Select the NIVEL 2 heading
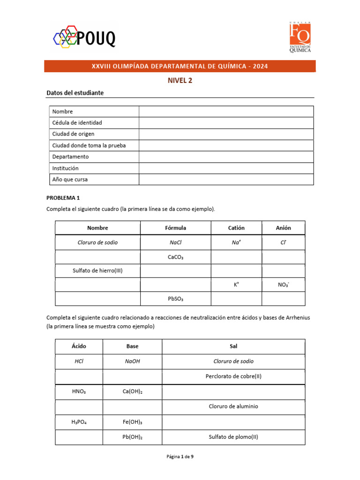pos(180,80)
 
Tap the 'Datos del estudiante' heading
pos(75,93)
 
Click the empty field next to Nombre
pos(226,111)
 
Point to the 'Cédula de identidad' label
pos(77,123)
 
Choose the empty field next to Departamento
pos(226,157)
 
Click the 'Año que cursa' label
pos(70,180)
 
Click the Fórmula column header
pos(175,228)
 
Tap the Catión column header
pos(236,228)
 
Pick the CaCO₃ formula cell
pos(175,257)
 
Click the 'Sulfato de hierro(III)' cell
pos(97,270)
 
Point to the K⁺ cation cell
pos(236,285)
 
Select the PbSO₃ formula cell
pos(175,299)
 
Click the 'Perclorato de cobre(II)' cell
pos(233,376)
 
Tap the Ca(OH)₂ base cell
pos(132,391)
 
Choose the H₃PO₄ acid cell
pos(79,422)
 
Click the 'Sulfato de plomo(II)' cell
pos(233,437)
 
